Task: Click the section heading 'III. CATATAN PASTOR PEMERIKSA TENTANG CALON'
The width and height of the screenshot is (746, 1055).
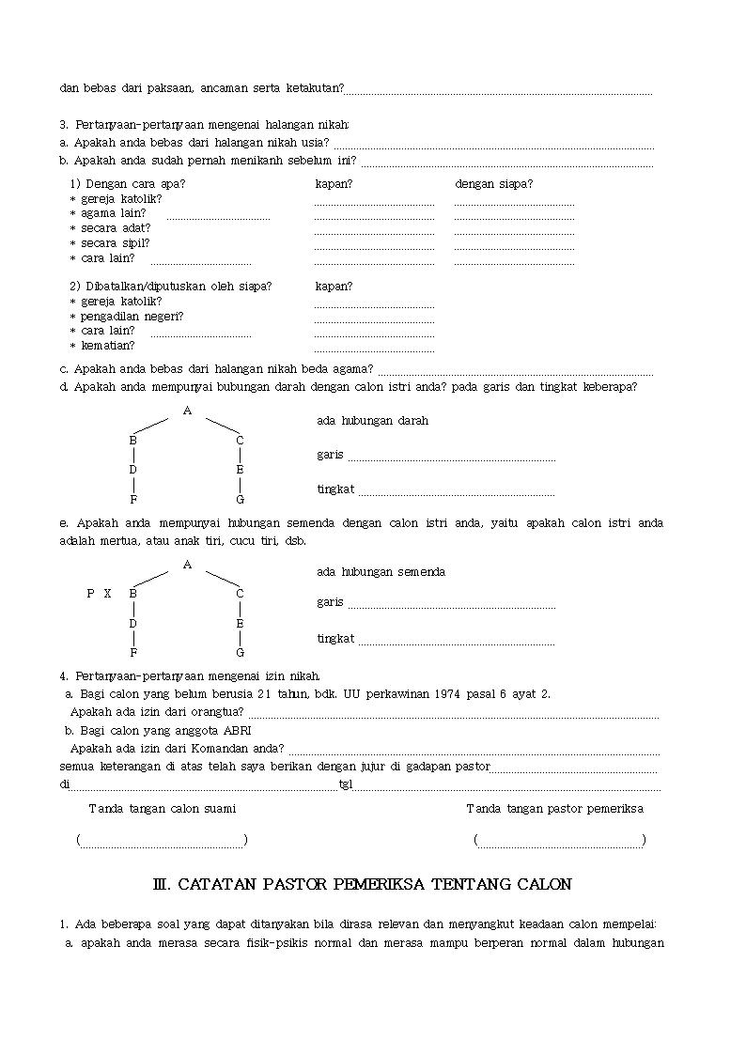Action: point(362,885)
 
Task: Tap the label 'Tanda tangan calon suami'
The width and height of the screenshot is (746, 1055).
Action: point(163,809)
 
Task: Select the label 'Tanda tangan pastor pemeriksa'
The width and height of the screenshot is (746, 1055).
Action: point(555,809)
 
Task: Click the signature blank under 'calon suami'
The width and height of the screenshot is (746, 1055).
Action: point(163,841)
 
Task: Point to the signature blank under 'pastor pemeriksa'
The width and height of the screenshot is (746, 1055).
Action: point(560,841)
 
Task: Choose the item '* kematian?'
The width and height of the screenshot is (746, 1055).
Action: point(102,345)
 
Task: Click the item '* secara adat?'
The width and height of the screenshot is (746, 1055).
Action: point(110,227)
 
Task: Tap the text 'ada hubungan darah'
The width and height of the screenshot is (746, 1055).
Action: point(373,421)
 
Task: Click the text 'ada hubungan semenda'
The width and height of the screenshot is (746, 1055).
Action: point(381,572)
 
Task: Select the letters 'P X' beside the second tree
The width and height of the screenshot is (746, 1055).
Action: point(99,594)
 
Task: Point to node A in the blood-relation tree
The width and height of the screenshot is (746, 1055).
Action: point(187,411)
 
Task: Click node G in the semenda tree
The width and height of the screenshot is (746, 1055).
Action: point(240,653)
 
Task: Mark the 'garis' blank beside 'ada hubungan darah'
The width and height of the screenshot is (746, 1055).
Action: point(451,458)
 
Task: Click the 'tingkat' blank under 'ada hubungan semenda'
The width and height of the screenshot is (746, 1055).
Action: point(456,643)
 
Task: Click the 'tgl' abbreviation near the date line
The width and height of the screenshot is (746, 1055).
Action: point(345,784)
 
